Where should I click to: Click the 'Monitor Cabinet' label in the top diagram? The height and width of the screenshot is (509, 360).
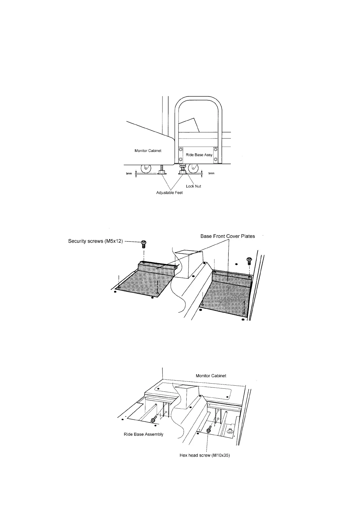(x=148, y=151)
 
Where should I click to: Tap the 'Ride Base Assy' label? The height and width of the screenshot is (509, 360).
(x=199, y=155)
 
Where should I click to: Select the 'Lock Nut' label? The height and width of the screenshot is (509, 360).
(x=193, y=186)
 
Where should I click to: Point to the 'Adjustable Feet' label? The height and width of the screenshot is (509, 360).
(x=169, y=193)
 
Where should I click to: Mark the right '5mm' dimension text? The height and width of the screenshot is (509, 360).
(x=211, y=173)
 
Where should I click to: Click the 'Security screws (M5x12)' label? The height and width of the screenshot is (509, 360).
(x=96, y=242)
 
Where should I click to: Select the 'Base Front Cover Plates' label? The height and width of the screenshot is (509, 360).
(x=227, y=236)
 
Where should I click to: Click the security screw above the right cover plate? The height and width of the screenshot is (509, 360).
(x=249, y=261)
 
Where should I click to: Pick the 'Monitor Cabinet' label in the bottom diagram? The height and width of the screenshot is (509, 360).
(x=211, y=376)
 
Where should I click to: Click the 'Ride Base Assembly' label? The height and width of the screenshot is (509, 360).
(x=143, y=434)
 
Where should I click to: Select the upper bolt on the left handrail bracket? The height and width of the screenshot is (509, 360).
(x=181, y=150)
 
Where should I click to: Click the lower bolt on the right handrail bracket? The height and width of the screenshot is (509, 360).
(x=215, y=159)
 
